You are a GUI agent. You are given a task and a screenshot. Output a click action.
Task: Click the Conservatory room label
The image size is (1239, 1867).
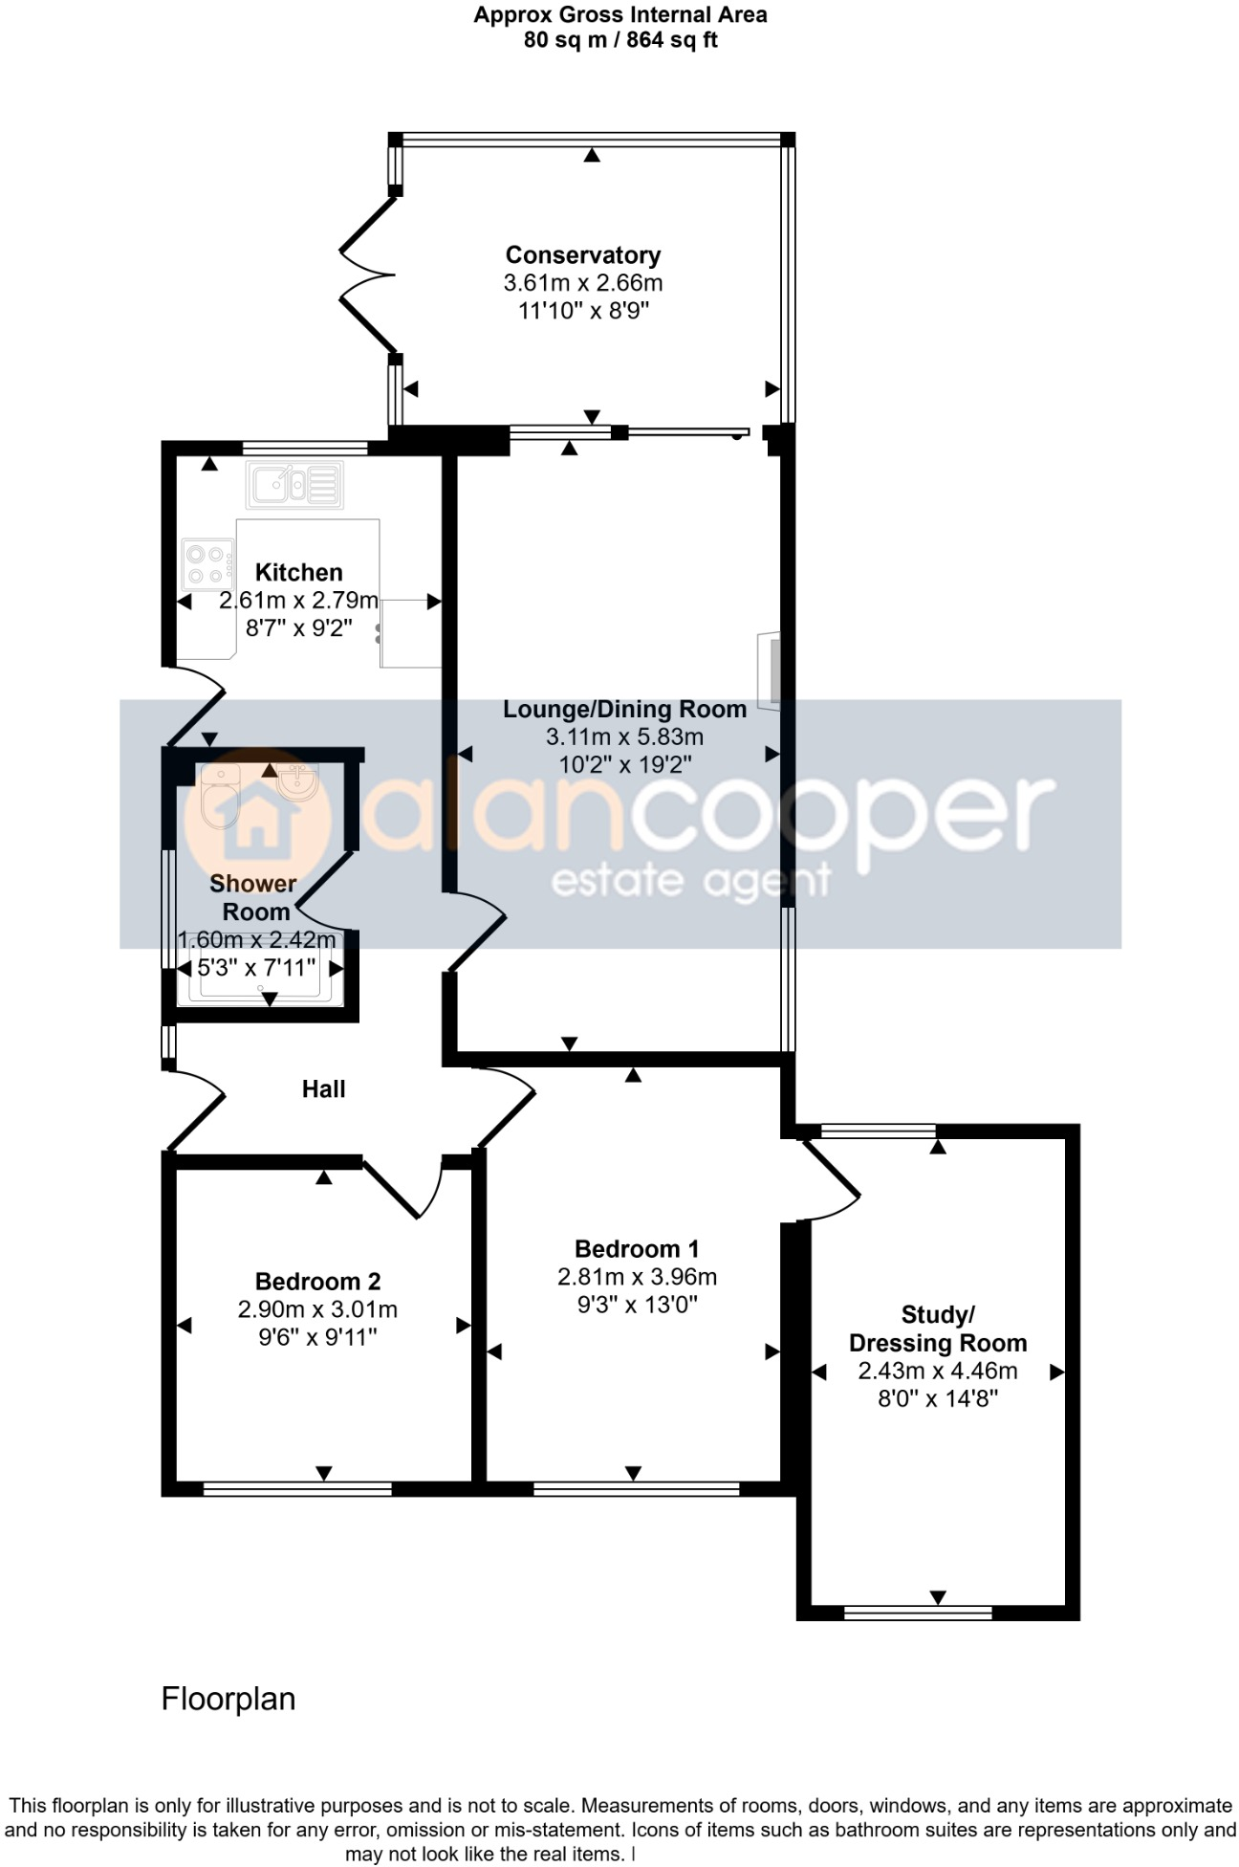click(x=582, y=255)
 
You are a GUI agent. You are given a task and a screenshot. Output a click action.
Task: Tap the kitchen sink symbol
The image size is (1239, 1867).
click(x=294, y=486)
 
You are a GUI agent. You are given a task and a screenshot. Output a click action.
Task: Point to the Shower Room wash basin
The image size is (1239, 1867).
click(x=296, y=781)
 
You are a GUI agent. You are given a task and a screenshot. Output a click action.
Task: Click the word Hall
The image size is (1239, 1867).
click(x=323, y=1088)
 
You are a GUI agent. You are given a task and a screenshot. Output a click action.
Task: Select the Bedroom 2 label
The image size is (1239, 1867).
click(x=317, y=1282)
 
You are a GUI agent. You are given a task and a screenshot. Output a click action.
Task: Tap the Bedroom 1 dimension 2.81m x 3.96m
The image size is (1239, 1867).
click(x=637, y=1277)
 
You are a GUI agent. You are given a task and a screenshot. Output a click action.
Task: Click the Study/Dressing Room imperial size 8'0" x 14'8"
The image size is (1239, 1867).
click(x=937, y=1398)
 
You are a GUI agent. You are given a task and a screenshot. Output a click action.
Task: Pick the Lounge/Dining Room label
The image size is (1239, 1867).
click(x=624, y=710)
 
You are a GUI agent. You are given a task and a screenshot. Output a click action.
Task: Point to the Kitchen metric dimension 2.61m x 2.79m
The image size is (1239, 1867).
click(x=298, y=601)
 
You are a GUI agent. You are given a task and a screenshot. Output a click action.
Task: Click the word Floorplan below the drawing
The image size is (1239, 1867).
click(x=228, y=1699)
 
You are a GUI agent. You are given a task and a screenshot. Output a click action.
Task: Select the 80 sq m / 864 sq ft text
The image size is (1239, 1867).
click(x=619, y=40)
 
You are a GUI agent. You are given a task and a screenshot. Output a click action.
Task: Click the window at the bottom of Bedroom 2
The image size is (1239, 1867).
click(x=297, y=1488)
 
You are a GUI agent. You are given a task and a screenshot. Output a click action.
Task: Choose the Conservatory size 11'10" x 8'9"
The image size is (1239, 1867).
click(x=583, y=311)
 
